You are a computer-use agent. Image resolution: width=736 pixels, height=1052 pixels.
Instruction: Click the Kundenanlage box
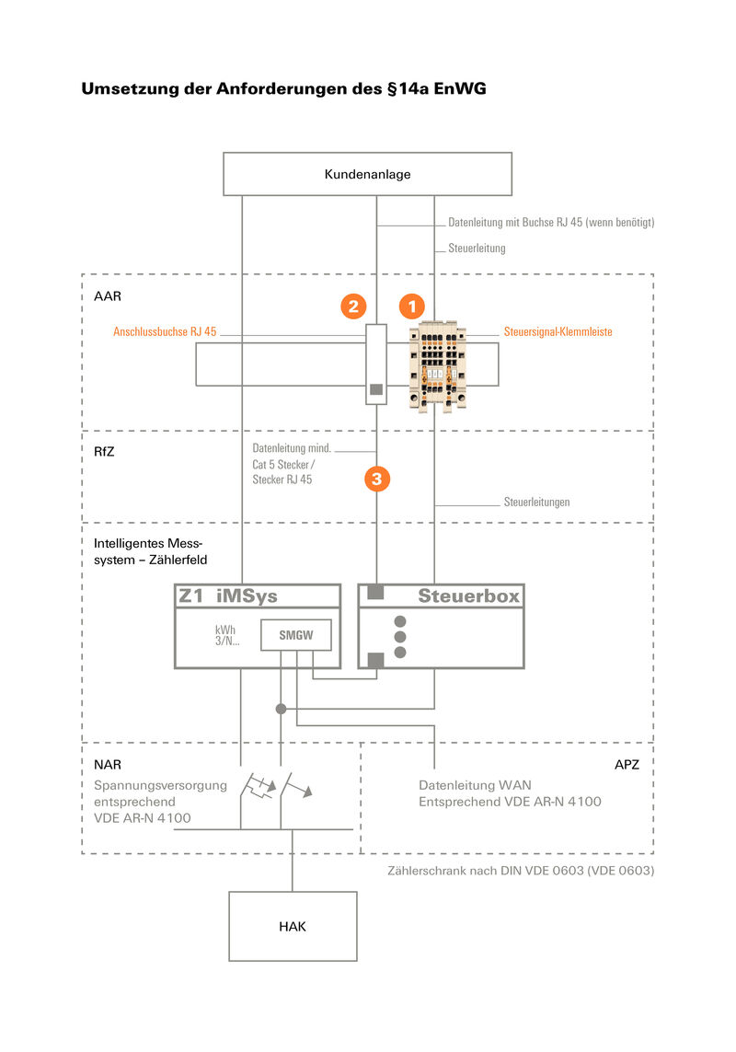pos(367,173)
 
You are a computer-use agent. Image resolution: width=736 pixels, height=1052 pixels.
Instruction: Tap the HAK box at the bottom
pos(293,926)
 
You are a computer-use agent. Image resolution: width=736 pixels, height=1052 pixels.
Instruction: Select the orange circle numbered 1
pos(412,306)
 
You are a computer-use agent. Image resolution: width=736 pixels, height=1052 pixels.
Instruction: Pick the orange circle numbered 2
pos(354,306)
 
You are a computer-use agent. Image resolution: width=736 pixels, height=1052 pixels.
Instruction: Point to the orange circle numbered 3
pos(377,478)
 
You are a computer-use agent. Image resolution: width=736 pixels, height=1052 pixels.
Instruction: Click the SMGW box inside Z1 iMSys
pos(295,635)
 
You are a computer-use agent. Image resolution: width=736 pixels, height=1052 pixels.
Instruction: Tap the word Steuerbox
pos(468,596)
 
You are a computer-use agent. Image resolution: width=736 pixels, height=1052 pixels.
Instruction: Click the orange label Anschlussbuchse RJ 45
pos(165,332)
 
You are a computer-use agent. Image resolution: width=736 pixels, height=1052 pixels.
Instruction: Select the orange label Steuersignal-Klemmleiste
pos(558,332)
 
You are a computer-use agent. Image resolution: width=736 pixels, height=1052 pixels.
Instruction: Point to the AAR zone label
pos(108,296)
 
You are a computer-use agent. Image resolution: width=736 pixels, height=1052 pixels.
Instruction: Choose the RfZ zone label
pos(105,454)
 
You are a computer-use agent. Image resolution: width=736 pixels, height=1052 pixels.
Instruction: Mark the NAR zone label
pos(108,765)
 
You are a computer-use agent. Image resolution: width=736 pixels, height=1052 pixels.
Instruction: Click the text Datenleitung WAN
pos(475,785)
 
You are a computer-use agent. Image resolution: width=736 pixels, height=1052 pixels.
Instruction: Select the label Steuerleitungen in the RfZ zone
pos(536,503)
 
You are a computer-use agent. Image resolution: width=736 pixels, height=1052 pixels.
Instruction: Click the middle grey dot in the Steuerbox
pos(399,636)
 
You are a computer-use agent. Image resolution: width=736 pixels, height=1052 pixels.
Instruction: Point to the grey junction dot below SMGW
pos(282,709)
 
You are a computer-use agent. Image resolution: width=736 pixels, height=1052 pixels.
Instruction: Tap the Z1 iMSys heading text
pos(228,596)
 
